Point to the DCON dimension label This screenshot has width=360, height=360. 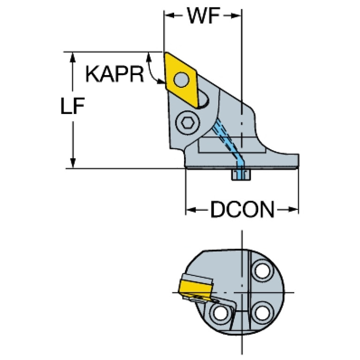click(242, 210)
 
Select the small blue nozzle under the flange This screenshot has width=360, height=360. click(242, 175)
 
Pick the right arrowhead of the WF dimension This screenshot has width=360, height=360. click(237, 16)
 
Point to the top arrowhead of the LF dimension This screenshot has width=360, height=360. click(73, 56)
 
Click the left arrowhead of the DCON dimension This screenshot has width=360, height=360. click(190, 210)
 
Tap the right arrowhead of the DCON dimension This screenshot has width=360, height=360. click(294, 210)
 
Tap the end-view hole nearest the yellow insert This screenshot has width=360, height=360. click(219, 312)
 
